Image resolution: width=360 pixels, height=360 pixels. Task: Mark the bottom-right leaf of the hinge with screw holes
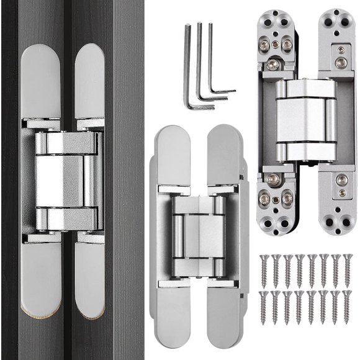point(335,202)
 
